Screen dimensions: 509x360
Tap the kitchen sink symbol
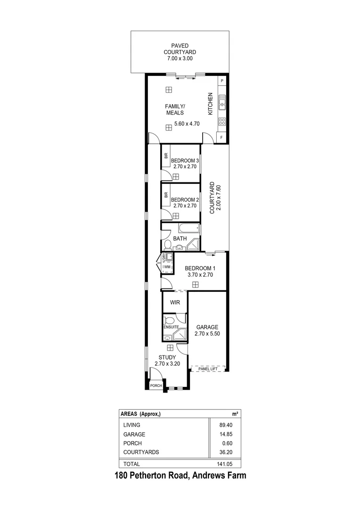pyautogui.click(x=222, y=101)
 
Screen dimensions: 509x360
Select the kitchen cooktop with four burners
pyautogui.click(x=222, y=121)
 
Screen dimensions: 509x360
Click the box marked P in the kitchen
pyautogui.click(x=222, y=81)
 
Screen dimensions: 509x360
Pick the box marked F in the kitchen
pyautogui.click(x=222, y=137)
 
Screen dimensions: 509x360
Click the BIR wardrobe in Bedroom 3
pyautogui.click(x=166, y=156)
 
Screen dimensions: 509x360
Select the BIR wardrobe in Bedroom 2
pyautogui.click(x=166, y=194)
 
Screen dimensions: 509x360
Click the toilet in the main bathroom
pyautogui.click(x=167, y=244)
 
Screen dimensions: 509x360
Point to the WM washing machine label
pyautogui.click(x=167, y=267)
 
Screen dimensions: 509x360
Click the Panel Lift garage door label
pyautogui.click(x=207, y=369)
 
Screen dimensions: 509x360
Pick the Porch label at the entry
pyautogui.click(x=156, y=386)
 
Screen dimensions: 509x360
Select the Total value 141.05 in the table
pyautogui.click(x=229, y=464)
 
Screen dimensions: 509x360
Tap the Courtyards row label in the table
pyautogui.click(x=141, y=452)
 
